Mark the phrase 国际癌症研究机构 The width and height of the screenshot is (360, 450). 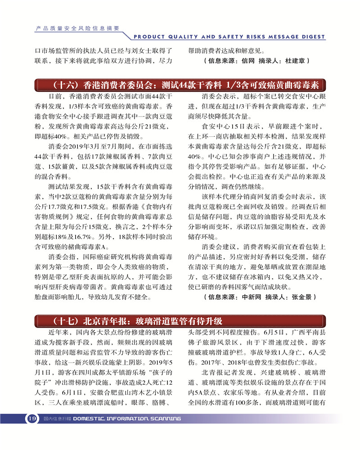(x=99, y=257)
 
